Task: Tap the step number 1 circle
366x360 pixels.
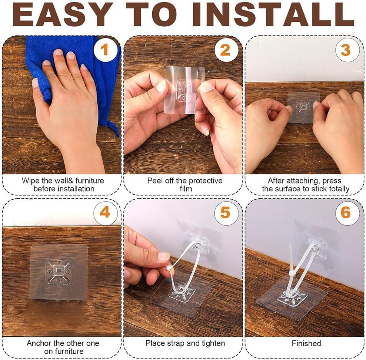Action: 105,49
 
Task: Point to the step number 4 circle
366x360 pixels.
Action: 105,213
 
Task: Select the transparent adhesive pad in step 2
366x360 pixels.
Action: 184,90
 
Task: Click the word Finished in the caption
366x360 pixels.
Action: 306,343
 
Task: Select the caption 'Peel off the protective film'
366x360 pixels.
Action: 184,185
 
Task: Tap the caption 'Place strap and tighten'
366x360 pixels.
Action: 184,343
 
